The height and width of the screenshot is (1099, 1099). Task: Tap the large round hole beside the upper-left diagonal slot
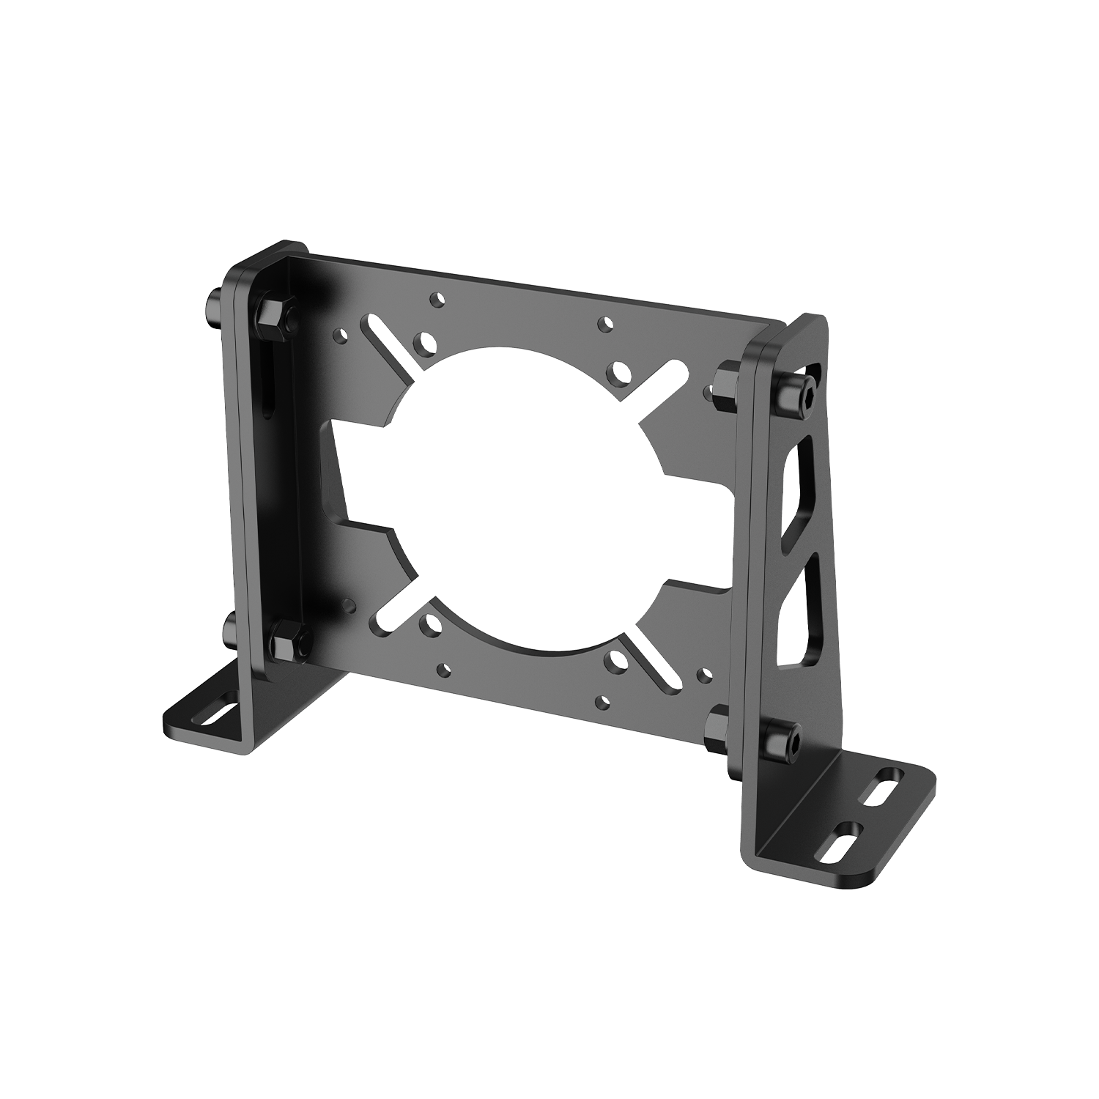pyautogui.click(x=424, y=341)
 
